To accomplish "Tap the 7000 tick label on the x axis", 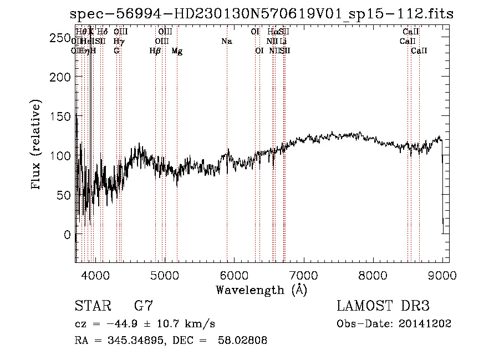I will point(303,274).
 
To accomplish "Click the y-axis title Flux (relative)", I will point(37,145).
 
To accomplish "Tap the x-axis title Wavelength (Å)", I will point(261,290).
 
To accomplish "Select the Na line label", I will point(227,41).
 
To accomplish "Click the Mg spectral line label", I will point(177,51).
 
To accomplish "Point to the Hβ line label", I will point(155,51).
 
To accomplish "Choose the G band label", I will point(116,51).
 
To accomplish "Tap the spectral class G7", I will point(144,306).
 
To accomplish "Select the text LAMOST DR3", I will point(383,306).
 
